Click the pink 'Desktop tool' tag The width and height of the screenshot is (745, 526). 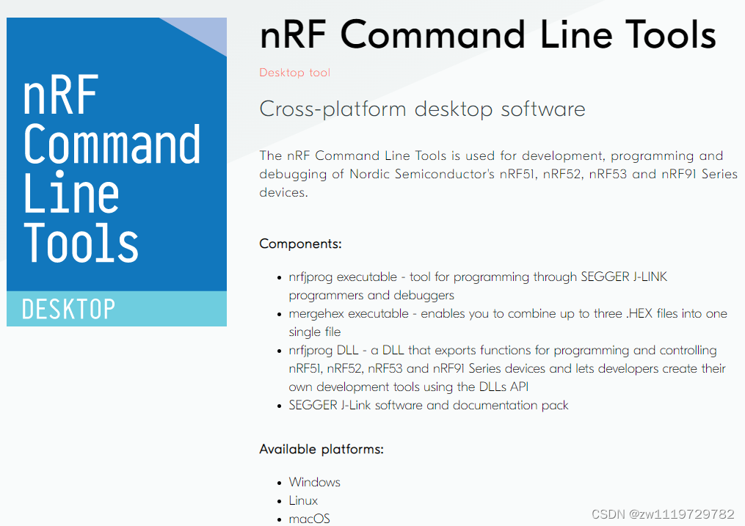(x=294, y=73)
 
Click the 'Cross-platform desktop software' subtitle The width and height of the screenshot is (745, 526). (x=422, y=109)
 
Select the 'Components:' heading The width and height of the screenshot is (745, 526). (x=300, y=244)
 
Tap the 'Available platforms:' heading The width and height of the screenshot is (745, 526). (x=321, y=449)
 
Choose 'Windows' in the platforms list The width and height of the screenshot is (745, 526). (x=314, y=482)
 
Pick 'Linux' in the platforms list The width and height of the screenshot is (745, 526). (x=303, y=500)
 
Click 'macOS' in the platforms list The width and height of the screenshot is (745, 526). (x=309, y=519)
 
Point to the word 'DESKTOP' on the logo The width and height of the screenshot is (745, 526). (x=68, y=310)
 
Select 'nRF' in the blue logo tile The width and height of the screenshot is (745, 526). (x=61, y=95)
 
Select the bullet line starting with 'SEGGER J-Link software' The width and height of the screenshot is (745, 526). (x=428, y=405)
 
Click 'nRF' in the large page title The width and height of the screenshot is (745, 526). (x=294, y=34)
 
